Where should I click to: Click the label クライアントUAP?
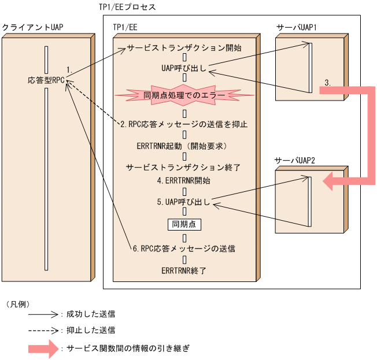(x=32, y=27)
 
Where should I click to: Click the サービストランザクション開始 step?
(x=184, y=47)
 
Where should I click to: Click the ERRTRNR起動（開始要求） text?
(x=184, y=145)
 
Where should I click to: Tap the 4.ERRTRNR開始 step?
(x=183, y=180)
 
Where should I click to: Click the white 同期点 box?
(x=184, y=224)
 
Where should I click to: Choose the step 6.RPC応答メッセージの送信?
(x=183, y=249)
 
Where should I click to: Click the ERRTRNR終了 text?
(x=183, y=270)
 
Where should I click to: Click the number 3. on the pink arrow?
(x=327, y=83)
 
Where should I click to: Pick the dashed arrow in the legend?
(x=43, y=331)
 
